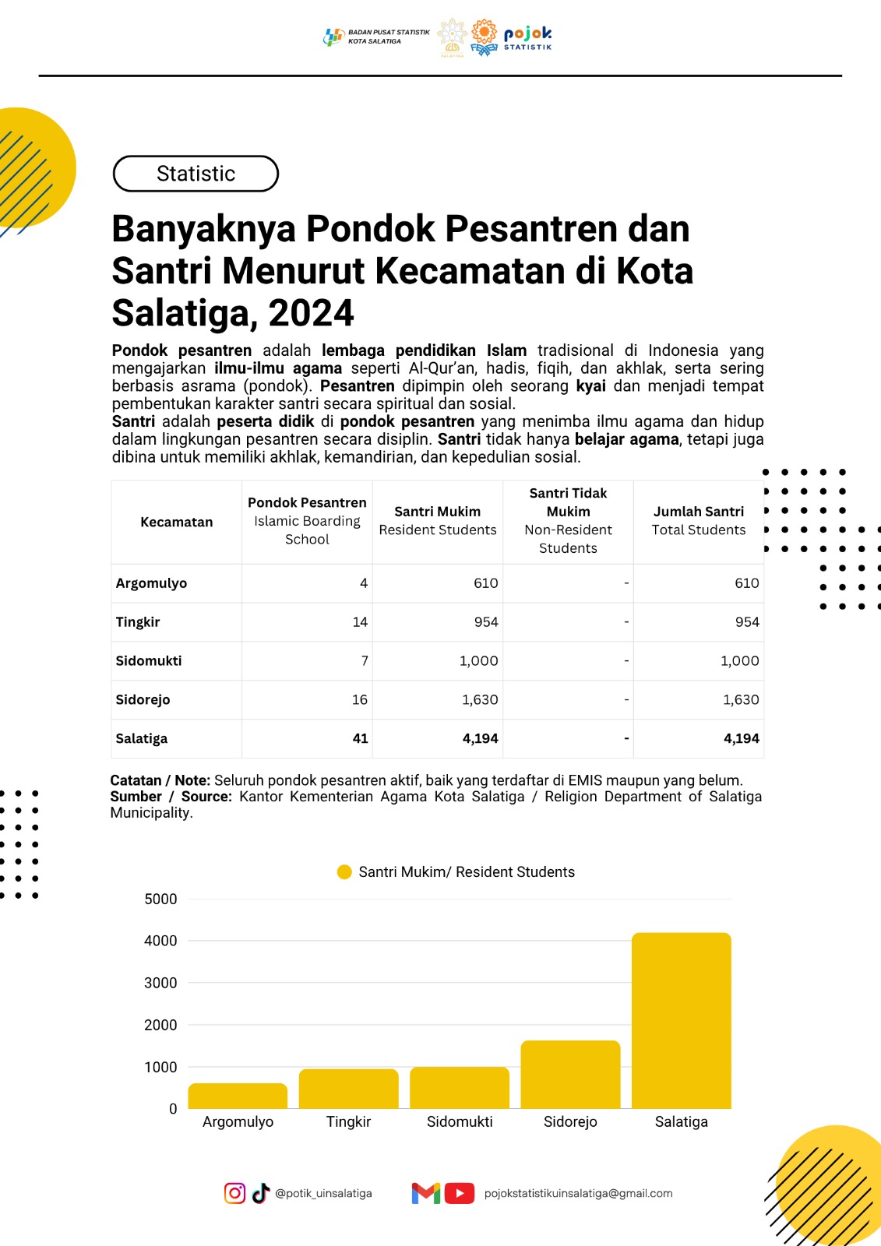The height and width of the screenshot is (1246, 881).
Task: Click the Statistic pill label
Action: [x=196, y=174]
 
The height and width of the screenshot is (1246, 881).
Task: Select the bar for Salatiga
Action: [x=681, y=1020]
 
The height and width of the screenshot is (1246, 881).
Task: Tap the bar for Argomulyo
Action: [x=238, y=1096]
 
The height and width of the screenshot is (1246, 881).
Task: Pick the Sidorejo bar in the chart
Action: [x=570, y=1074]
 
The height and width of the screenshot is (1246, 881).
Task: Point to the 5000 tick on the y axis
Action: [x=160, y=899]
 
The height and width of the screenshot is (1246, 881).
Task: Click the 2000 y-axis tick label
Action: [x=160, y=1025]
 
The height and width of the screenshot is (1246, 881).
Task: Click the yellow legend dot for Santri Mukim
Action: [x=344, y=872]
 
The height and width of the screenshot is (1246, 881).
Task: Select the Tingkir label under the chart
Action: [x=348, y=1121]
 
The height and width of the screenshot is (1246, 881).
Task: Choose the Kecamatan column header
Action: [x=176, y=522]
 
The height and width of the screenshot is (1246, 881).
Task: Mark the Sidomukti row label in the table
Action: [x=149, y=660]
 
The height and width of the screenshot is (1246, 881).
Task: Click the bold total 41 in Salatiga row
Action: [x=360, y=738]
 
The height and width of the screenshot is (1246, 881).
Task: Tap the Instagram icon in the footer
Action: [x=234, y=1193]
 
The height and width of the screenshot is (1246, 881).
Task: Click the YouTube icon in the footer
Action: [x=460, y=1193]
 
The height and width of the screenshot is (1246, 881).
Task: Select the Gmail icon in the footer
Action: [x=426, y=1193]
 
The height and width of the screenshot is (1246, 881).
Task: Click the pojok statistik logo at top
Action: [x=527, y=37]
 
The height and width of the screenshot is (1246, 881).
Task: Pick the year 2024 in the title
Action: [x=311, y=313]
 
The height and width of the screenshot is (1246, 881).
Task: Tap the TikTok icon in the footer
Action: [x=260, y=1193]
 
